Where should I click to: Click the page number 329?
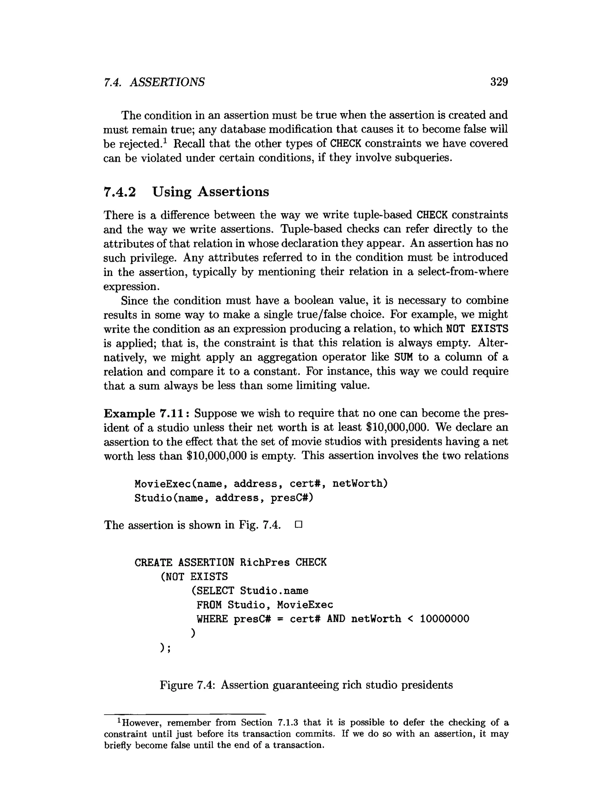pyautogui.click(x=499, y=82)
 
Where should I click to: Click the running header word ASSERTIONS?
pyautogui.click(x=167, y=82)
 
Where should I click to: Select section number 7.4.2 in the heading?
pyautogui.click(x=120, y=192)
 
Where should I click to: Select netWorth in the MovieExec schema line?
pyautogui.click(x=360, y=484)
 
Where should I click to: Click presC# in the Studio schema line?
pyautogui.click(x=292, y=498)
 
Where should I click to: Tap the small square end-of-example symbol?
pyautogui.click(x=299, y=525)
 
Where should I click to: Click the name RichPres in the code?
pyautogui.click(x=265, y=562)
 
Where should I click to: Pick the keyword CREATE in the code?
pyautogui.click(x=153, y=563)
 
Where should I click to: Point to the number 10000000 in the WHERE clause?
pyautogui.click(x=444, y=619)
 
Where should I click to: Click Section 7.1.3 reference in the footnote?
pyautogui.click(x=269, y=723)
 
